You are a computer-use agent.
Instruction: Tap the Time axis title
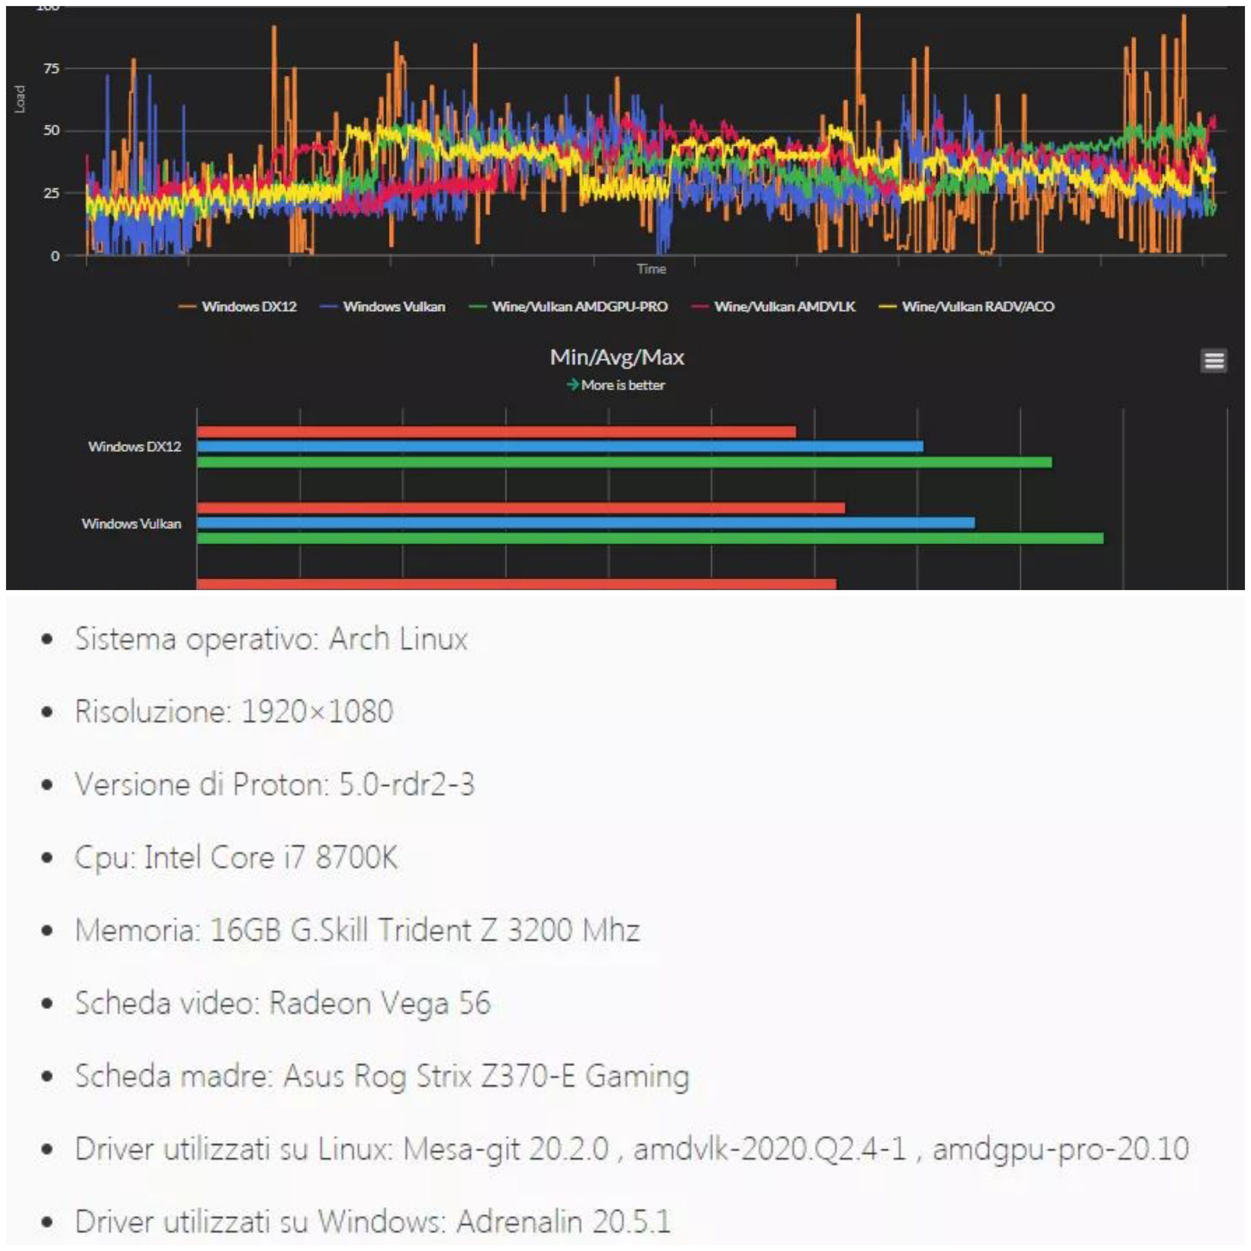coord(651,269)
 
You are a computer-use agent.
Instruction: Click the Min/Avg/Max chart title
coord(616,357)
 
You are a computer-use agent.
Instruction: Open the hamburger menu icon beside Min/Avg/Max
coord(1213,361)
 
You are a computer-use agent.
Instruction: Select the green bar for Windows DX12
coord(624,462)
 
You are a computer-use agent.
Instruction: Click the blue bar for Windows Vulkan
coord(585,523)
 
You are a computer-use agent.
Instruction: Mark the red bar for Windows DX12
coord(496,432)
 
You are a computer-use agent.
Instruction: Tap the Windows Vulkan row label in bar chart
coord(131,523)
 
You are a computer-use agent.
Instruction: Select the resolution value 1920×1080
coord(317,711)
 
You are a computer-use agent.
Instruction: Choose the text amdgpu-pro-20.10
coord(1060,1149)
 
